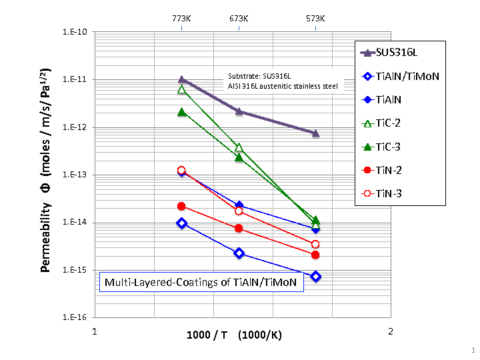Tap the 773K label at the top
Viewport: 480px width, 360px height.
coord(181,19)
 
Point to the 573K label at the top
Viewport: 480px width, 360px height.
coord(315,19)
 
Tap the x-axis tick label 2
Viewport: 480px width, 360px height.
coord(391,331)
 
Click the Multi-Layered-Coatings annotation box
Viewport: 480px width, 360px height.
coord(201,283)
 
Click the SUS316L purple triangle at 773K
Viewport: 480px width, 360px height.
coord(181,80)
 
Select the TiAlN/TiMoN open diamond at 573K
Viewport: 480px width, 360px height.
coord(316,277)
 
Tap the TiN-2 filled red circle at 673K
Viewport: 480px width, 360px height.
coord(239,229)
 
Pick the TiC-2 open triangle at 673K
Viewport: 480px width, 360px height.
coord(239,147)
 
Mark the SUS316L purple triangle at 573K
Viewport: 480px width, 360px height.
coord(316,133)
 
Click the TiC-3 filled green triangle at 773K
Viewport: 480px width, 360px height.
coord(181,111)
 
